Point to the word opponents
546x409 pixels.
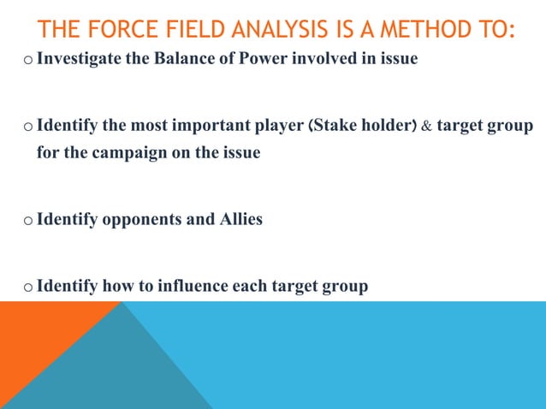point(141,220)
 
